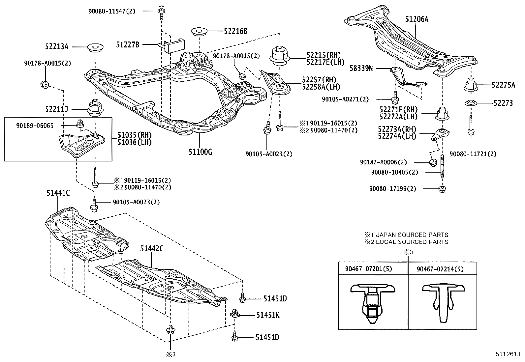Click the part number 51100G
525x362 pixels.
[x=200, y=152]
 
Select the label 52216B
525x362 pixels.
[x=235, y=31]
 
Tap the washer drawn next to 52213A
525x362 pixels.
[x=95, y=47]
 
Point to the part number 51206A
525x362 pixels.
[x=417, y=19]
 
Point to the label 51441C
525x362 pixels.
[x=58, y=193]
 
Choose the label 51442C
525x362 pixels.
[x=151, y=249]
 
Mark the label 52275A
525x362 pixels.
[x=503, y=85]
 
